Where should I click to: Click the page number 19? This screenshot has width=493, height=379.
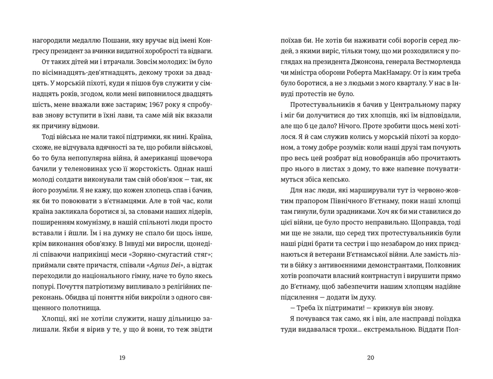122,357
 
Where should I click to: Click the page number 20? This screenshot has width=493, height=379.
370,357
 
